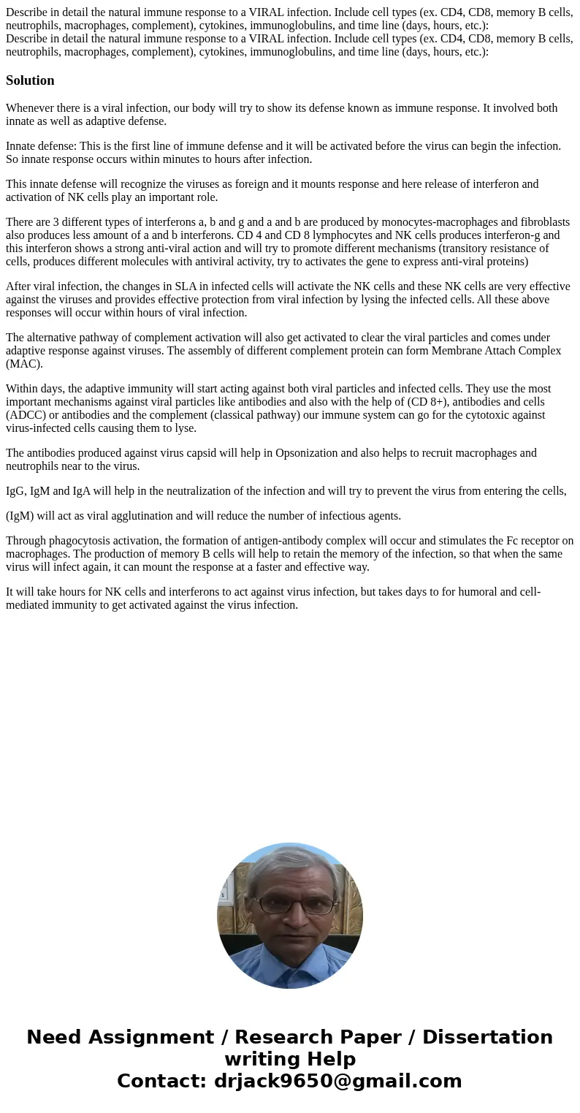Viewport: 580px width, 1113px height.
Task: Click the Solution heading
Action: (x=30, y=80)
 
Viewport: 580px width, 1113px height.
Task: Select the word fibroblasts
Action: (x=541, y=222)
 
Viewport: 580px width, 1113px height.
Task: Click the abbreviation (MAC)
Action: (x=24, y=364)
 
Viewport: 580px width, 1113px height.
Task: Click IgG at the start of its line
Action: (x=15, y=491)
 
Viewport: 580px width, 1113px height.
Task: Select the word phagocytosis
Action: (x=77, y=541)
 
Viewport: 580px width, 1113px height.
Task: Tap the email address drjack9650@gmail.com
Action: (x=337, y=1081)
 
